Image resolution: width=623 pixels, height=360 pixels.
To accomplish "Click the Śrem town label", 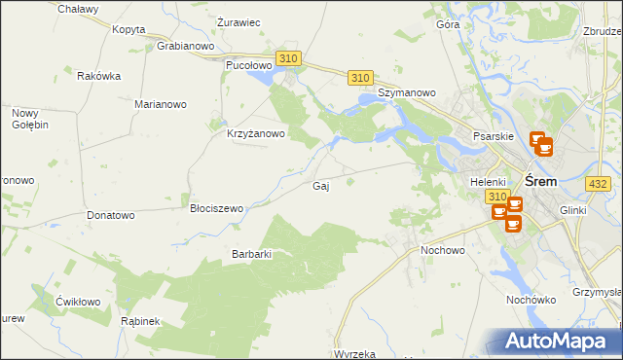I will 540,181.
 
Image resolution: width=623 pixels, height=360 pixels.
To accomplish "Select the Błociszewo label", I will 216,208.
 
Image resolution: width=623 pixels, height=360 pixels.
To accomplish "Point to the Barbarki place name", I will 250,254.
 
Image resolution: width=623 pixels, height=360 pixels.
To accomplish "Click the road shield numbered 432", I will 598,183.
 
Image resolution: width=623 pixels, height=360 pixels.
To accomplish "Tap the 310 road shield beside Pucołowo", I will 288,58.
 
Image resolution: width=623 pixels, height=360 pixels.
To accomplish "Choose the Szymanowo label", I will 408,93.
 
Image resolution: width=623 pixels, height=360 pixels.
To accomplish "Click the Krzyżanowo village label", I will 255,134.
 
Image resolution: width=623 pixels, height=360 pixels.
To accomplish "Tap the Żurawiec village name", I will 238,22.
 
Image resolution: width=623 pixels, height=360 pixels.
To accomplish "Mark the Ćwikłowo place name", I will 78,302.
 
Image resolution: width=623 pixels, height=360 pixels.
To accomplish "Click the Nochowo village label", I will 443,250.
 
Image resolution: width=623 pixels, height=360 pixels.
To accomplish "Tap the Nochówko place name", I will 530,300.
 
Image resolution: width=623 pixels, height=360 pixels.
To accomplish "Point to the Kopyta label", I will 128,29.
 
